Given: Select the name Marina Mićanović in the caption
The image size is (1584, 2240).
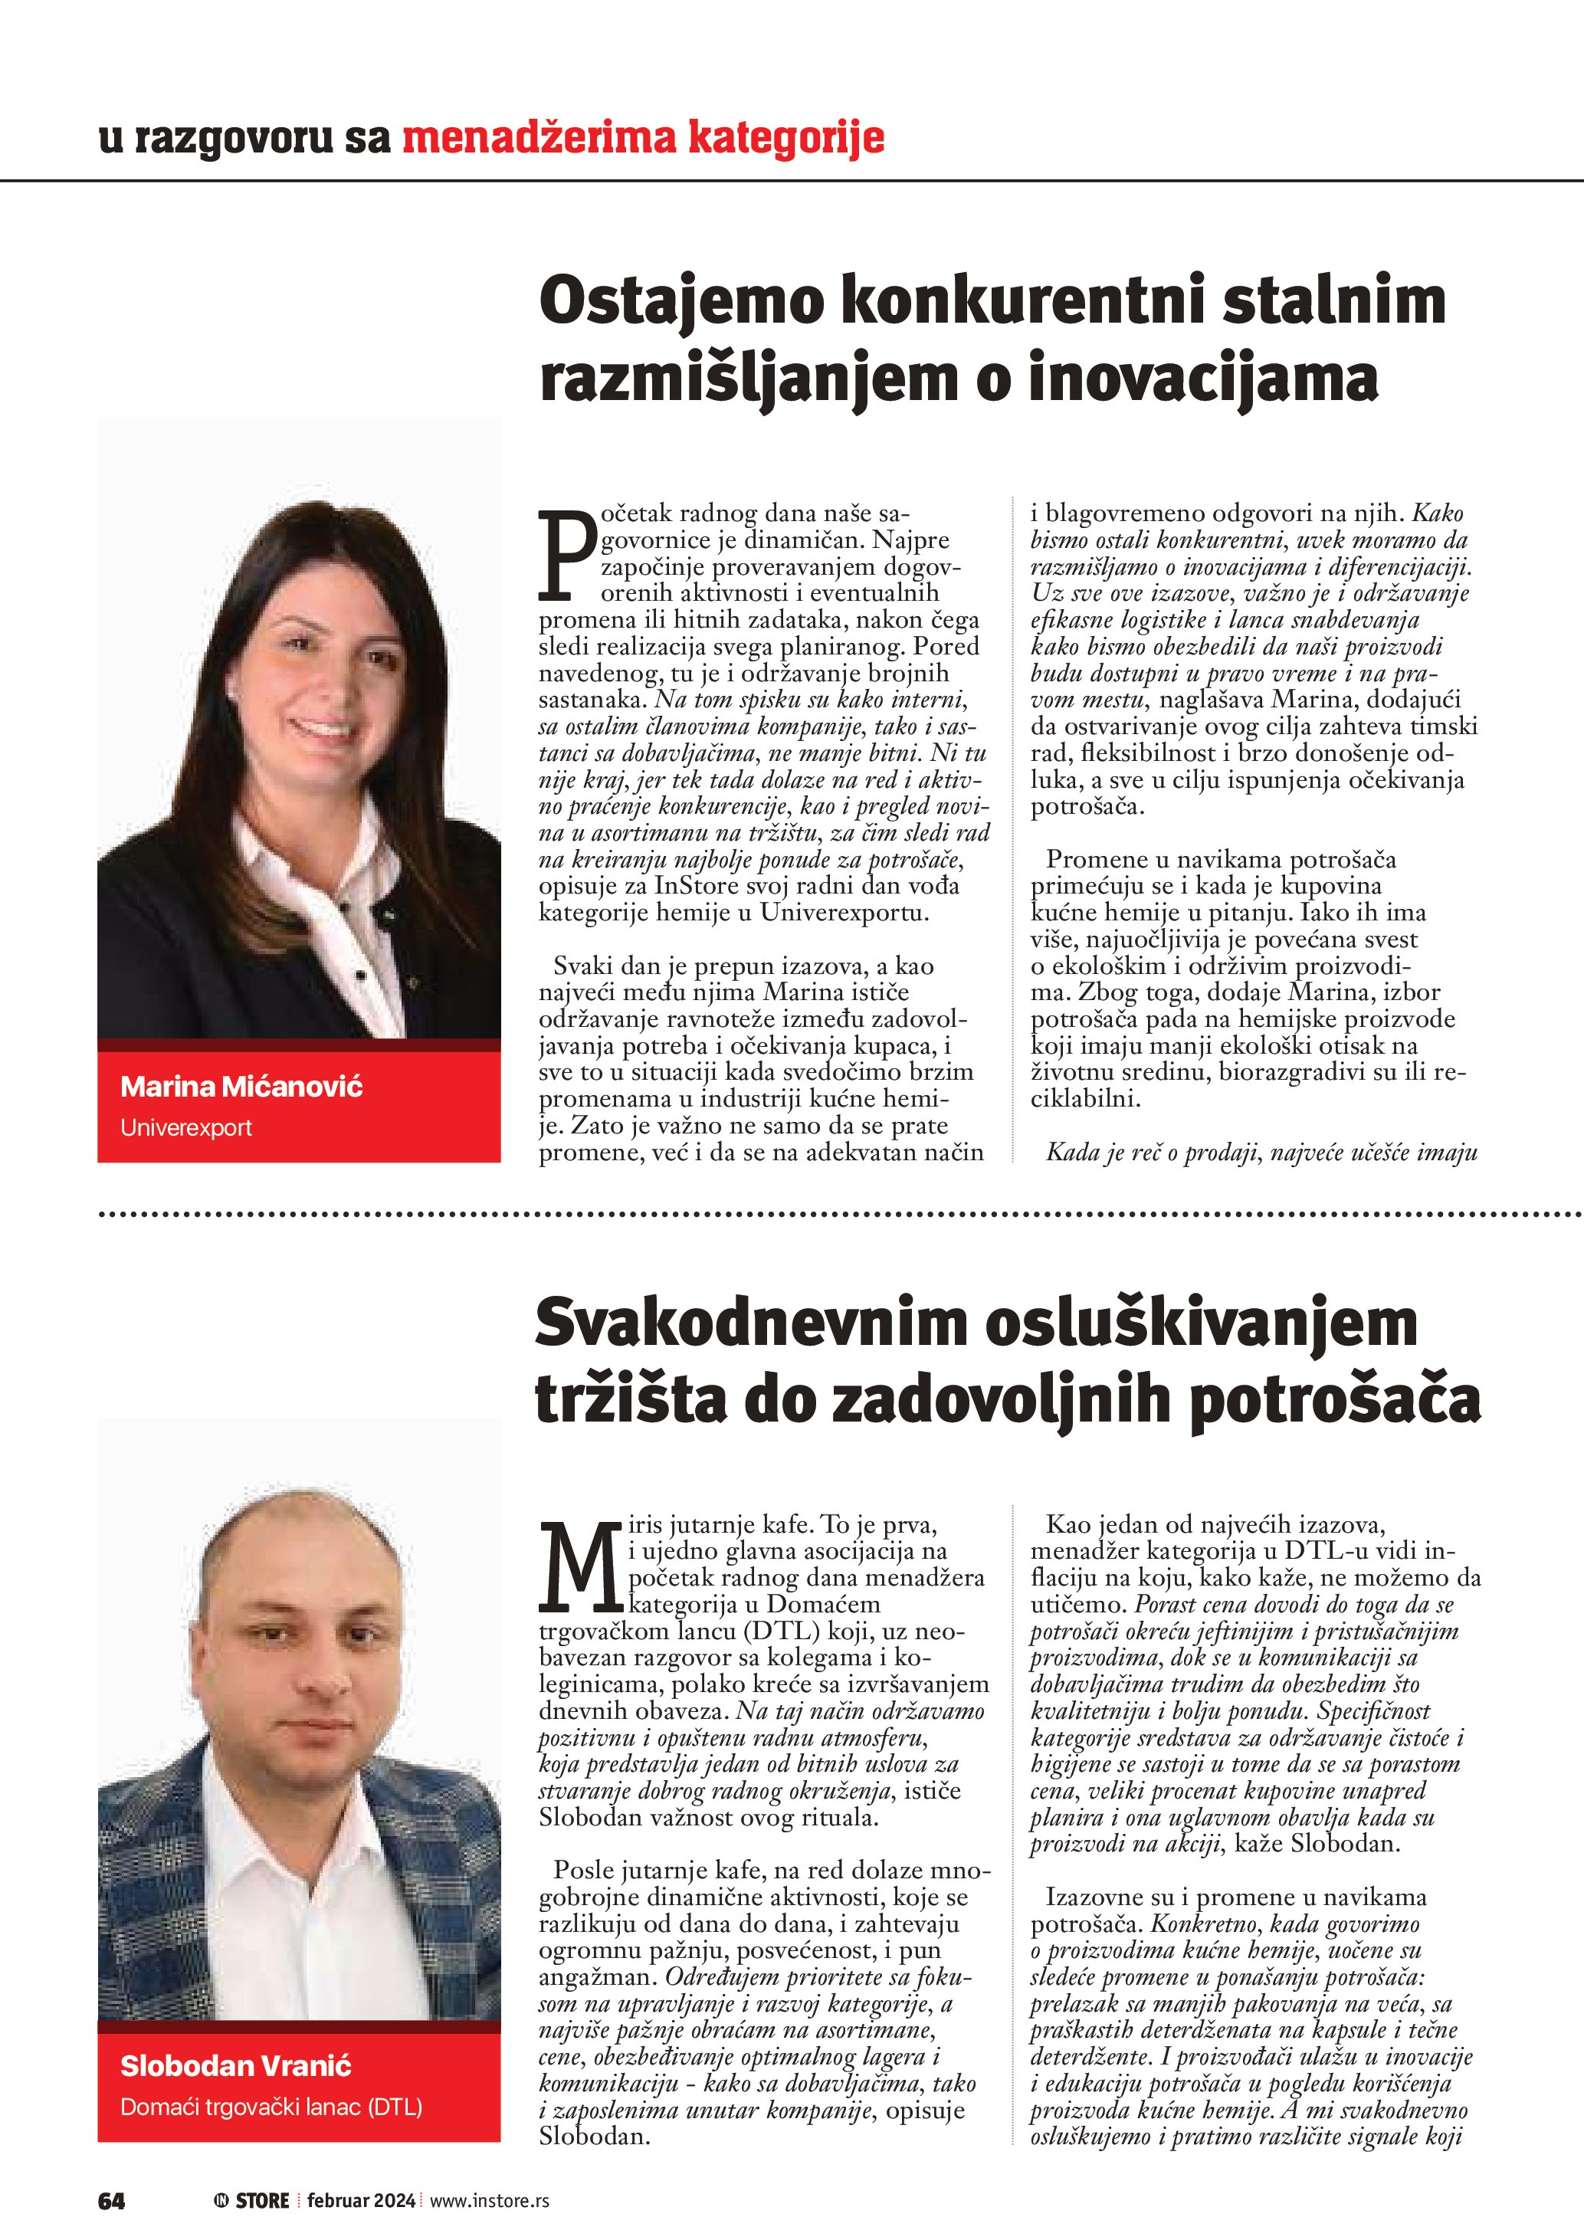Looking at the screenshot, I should tap(241, 1086).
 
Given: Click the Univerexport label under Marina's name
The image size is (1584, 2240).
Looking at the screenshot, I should tap(185, 1128).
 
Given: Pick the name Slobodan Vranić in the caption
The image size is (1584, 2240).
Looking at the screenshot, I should tap(235, 2065).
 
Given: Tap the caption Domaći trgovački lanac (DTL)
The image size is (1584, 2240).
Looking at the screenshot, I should tap(271, 2107).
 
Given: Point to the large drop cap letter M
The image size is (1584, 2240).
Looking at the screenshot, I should tap(582, 1566).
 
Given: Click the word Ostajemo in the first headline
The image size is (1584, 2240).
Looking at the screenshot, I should tap(682, 303).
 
